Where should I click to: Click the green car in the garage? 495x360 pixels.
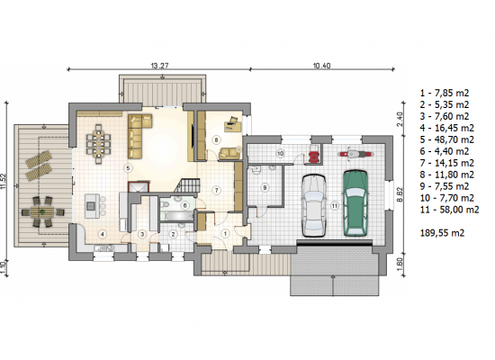pyautogui.click(x=355, y=203)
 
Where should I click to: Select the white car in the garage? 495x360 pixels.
pyautogui.click(x=314, y=205)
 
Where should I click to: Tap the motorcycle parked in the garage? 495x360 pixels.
pyautogui.click(x=355, y=154)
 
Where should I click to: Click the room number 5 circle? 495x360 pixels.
pyautogui.click(x=128, y=168)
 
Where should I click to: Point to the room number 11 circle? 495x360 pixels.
pyautogui.click(x=334, y=206)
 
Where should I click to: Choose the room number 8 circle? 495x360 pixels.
pyautogui.click(x=216, y=139)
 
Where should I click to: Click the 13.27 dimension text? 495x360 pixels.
pyautogui.click(x=159, y=66)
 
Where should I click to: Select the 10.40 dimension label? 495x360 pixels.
pyautogui.click(x=321, y=66)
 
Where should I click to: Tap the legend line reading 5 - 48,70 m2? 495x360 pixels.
pyautogui.click(x=447, y=139)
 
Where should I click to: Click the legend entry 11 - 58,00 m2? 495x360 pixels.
pyautogui.click(x=449, y=210)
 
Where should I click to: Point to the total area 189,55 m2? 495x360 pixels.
pyautogui.click(x=442, y=233)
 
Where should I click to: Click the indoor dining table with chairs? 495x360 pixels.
pyautogui.click(x=98, y=144)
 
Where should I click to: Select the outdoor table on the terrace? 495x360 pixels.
pyautogui.click(x=42, y=211)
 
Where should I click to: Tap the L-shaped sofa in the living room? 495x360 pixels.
pyautogui.click(x=138, y=136)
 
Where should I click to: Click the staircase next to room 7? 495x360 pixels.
pyautogui.click(x=187, y=185)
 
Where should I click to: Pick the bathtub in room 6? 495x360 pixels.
pyautogui.click(x=177, y=216)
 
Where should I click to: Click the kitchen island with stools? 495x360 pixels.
pyautogui.click(x=94, y=206)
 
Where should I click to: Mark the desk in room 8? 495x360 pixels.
pyautogui.click(x=232, y=125)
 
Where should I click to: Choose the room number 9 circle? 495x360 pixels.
pyautogui.click(x=265, y=188)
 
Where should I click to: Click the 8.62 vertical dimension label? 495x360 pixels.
pyautogui.click(x=400, y=194)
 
